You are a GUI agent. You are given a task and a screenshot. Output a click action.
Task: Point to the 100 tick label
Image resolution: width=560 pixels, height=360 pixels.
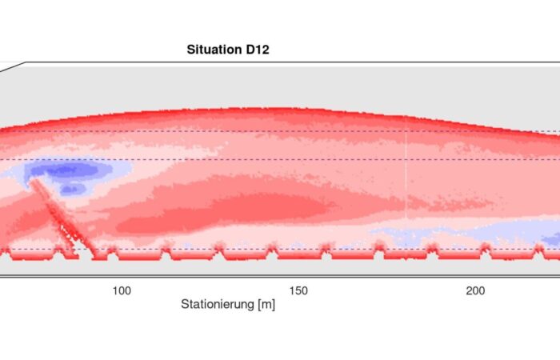click(121, 290)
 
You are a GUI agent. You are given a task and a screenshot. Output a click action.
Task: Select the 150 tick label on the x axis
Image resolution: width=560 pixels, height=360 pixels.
click(298, 290)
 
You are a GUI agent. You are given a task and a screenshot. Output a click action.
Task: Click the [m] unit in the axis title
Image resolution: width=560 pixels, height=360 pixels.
click(266, 305)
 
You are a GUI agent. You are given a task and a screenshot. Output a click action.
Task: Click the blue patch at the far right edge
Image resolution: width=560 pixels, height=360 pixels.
click(551, 238)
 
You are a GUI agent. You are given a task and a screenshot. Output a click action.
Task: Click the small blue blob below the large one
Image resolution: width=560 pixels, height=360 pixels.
click(73, 189)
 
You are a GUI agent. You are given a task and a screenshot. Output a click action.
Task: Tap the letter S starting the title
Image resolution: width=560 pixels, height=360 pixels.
click(190, 50)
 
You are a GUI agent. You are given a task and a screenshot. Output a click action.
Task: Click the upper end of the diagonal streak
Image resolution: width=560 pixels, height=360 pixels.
click(34, 182)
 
